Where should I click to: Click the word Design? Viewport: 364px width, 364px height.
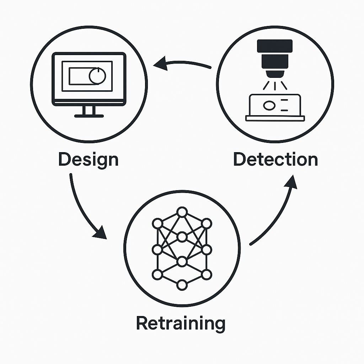tap(88, 160)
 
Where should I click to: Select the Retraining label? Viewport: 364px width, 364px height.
tap(181, 323)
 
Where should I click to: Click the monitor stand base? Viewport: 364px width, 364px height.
tap(89, 116)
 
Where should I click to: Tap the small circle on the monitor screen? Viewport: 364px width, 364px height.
tap(97, 76)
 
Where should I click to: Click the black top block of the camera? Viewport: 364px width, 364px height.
tap(275, 45)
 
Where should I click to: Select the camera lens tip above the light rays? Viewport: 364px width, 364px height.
tap(275, 74)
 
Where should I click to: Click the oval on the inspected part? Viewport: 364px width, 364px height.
tap(269, 105)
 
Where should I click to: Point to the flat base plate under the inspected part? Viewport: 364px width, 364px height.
tap(275, 118)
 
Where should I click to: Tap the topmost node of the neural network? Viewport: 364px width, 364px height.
tap(182, 212)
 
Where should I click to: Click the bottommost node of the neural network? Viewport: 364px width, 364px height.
tap(182, 285)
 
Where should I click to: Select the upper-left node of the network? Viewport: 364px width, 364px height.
tap(157, 224)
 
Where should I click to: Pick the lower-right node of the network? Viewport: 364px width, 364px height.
tap(207, 274)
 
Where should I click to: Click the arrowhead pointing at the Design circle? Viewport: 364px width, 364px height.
tap(160, 64)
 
